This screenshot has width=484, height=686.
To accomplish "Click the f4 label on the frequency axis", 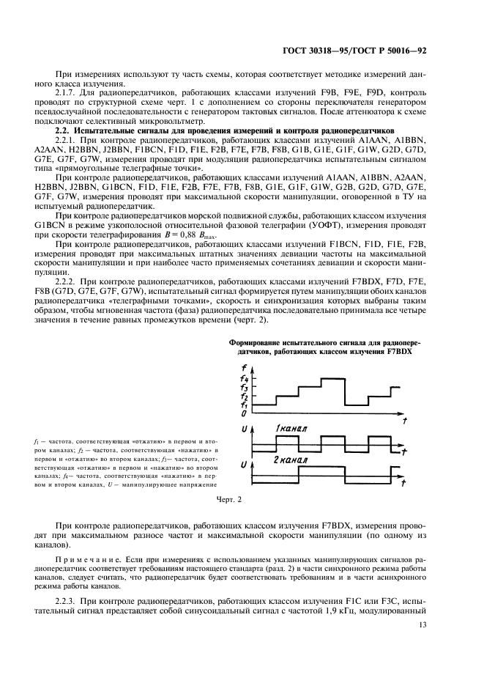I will [x=244, y=379].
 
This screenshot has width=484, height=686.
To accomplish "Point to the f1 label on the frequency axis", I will [x=244, y=405].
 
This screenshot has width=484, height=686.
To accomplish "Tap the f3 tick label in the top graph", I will [x=244, y=388].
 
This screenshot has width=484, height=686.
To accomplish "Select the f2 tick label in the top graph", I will [x=244, y=397].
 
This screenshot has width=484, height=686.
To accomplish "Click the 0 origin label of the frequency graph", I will [x=243, y=413].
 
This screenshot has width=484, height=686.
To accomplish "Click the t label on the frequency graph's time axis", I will [x=404, y=418].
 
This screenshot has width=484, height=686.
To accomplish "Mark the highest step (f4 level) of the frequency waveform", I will [x=334, y=379].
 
